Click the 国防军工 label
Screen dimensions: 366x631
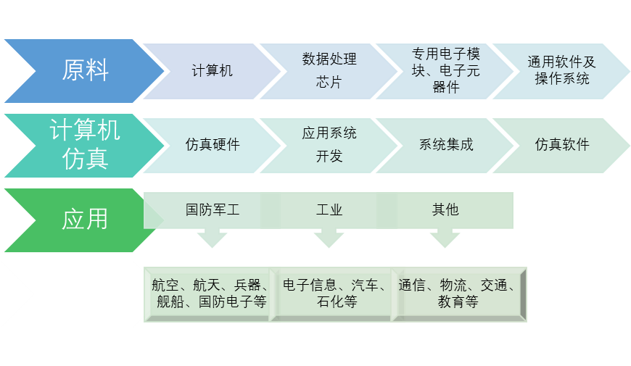(212, 210)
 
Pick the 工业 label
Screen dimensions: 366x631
(329, 210)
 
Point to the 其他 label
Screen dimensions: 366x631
(445, 210)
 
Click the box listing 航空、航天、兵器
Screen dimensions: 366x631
(209, 294)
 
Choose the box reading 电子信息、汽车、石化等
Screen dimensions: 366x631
(334, 294)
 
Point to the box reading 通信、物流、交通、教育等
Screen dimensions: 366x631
(458, 294)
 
